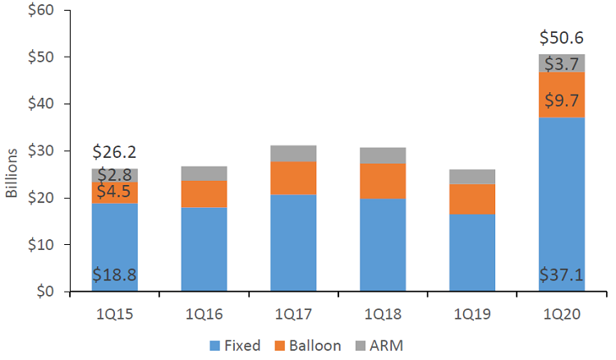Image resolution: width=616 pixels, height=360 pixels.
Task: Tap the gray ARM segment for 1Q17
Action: (293, 153)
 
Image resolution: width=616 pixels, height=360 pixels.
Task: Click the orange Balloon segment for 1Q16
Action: (204, 193)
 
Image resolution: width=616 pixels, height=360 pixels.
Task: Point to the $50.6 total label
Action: (562, 39)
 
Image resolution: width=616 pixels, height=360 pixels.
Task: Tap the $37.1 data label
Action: (562, 275)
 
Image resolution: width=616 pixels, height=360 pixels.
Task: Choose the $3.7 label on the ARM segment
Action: (562, 63)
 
